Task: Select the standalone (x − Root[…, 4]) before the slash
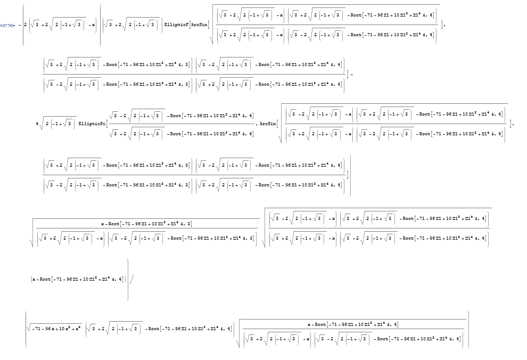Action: pyautogui.click(x=77, y=279)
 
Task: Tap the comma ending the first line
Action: pyautogui.click(x=443, y=25)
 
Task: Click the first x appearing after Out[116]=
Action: pyautogui.click(x=94, y=25)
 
